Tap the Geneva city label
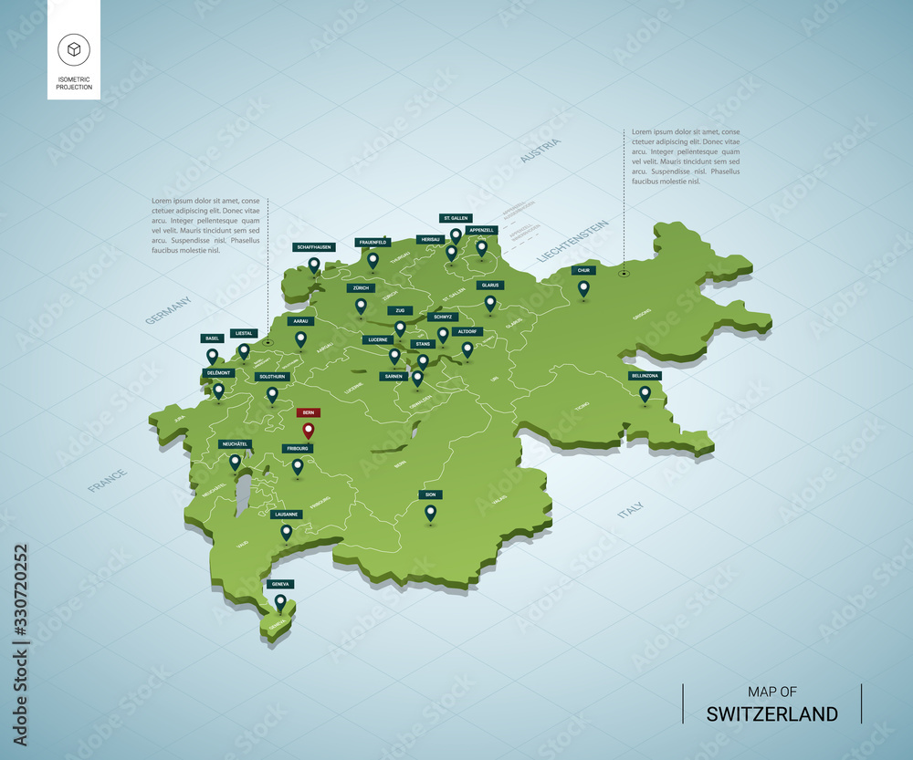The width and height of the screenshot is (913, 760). (x=281, y=584)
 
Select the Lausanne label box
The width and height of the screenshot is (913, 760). (x=287, y=515)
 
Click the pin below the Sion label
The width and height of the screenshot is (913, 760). (x=430, y=513)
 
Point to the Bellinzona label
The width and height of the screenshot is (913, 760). (x=645, y=375)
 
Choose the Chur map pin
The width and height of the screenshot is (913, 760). (x=583, y=287)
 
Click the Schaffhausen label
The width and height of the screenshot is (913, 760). (x=314, y=247)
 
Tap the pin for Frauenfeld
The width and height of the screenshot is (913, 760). (x=373, y=259)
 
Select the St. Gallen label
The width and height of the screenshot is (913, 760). (x=456, y=219)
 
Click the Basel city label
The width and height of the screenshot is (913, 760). (x=213, y=338)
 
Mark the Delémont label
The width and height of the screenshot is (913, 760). (x=219, y=373)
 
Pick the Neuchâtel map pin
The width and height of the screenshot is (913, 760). (x=235, y=462)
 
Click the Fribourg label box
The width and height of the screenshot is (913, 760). (x=298, y=449)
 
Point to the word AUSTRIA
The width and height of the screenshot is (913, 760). (x=540, y=150)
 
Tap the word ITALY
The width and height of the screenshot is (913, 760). (x=630, y=510)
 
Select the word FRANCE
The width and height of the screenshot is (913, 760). (x=108, y=480)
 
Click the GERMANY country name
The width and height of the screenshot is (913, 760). (x=168, y=310)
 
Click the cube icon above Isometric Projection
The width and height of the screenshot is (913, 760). (x=74, y=47)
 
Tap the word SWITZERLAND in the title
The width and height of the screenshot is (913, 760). (x=771, y=713)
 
